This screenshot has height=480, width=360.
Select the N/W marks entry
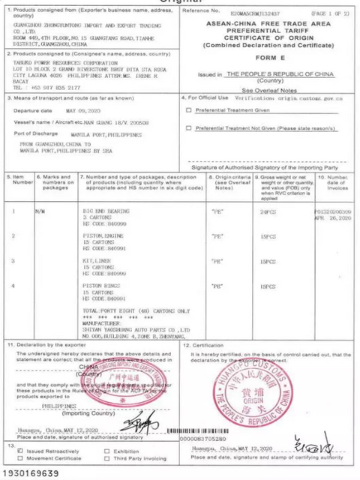[x=39, y=212]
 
